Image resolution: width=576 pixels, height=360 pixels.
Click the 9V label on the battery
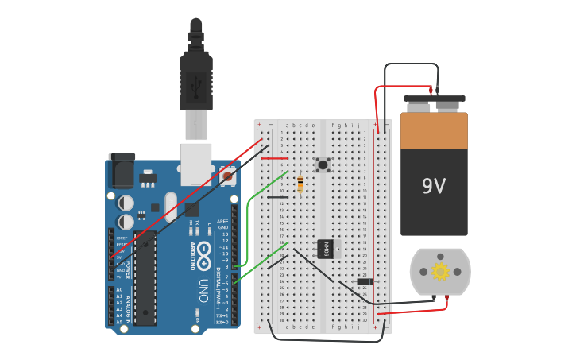click(434, 186)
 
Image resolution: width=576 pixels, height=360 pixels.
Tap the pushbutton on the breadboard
click(323, 165)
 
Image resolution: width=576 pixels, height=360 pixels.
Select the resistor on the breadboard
click(300, 184)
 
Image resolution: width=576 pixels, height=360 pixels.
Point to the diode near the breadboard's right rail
click(365, 281)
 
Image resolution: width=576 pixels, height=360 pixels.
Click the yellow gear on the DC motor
click(440, 272)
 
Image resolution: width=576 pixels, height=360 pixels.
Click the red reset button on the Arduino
click(227, 176)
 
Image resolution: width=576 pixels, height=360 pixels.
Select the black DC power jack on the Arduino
click(122, 171)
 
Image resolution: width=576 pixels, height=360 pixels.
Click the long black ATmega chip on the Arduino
click(145, 278)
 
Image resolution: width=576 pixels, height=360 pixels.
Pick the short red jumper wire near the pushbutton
click(275, 158)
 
